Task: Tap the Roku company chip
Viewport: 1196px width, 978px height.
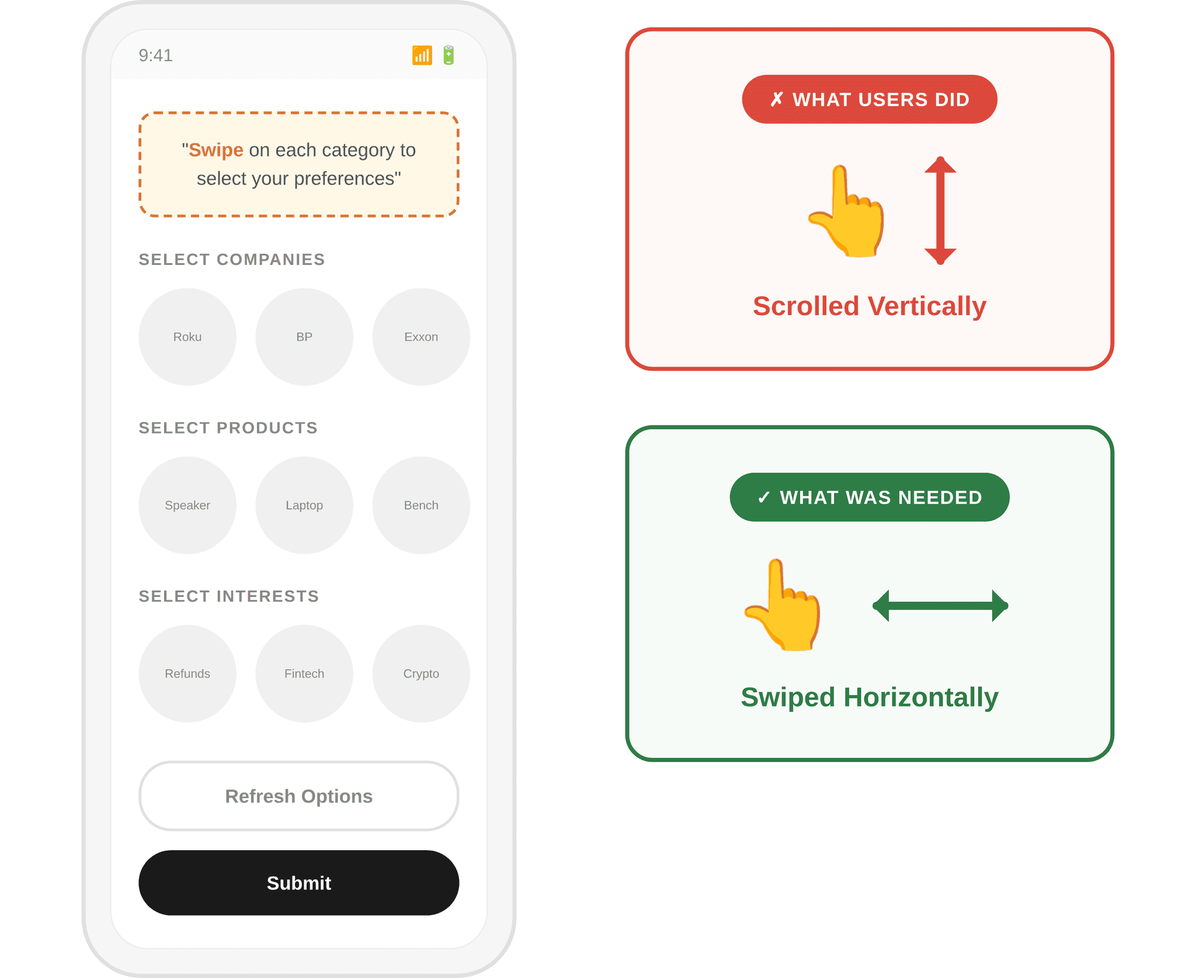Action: point(187,337)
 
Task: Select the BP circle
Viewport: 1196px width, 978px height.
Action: point(304,337)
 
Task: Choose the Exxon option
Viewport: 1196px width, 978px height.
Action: point(421,337)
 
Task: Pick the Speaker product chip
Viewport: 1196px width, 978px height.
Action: point(187,505)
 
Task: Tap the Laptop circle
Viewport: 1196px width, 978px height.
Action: point(304,505)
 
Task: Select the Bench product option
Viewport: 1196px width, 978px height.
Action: point(421,505)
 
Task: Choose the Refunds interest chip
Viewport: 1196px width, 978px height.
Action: point(187,673)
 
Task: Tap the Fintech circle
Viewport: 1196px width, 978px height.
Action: point(304,673)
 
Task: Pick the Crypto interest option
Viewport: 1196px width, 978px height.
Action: point(421,673)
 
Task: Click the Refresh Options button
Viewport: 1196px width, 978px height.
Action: point(298,796)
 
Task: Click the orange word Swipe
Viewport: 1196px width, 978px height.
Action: point(215,150)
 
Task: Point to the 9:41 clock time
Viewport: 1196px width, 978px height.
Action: point(155,55)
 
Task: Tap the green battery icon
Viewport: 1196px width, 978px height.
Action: point(448,55)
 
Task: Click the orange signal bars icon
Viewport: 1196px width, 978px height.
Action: point(422,55)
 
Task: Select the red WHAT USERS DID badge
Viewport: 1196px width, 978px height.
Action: point(870,99)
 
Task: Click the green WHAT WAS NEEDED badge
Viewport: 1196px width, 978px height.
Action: point(870,497)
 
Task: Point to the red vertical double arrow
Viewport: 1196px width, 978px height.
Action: point(940,210)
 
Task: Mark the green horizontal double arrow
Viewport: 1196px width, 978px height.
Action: point(940,606)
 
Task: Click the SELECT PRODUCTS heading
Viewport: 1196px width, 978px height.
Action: point(228,428)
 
